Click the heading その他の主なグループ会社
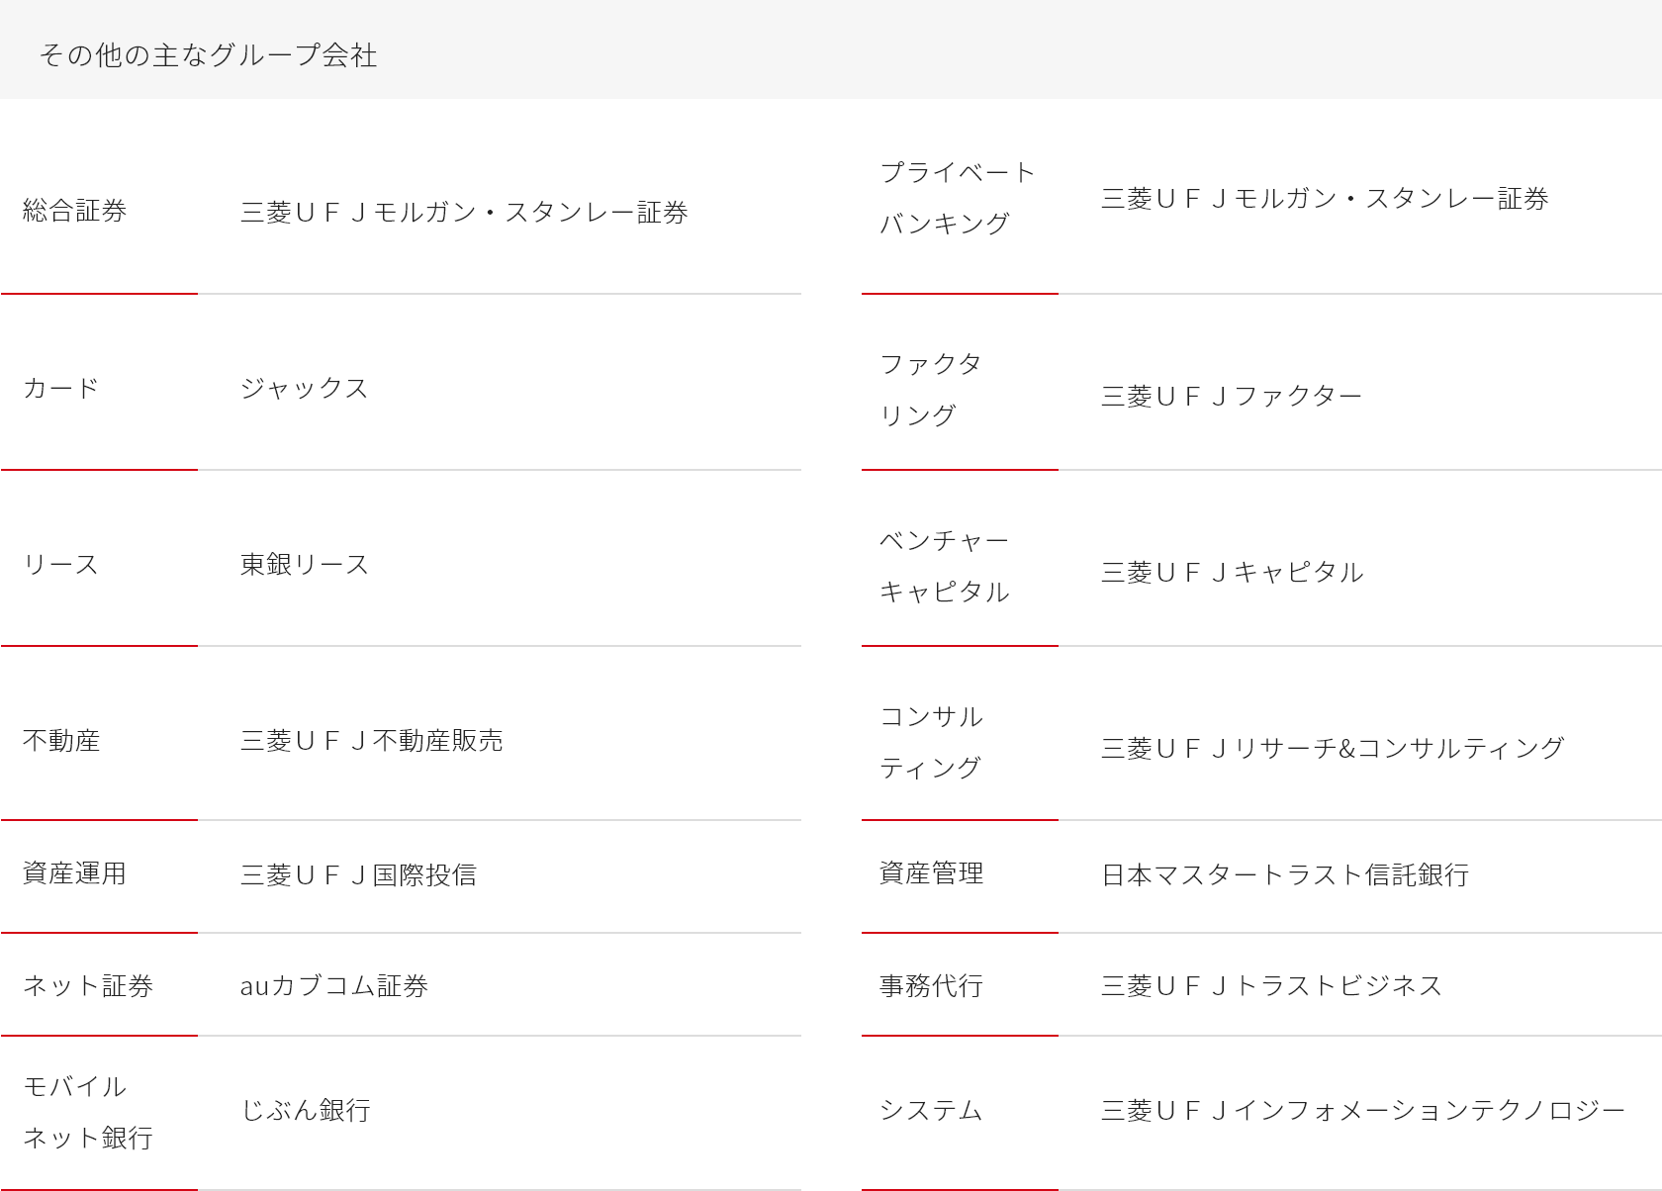209,55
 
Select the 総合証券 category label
75,211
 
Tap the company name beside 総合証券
464,213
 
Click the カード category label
61,388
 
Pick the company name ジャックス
305,388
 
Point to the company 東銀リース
305,565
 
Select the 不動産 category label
61,741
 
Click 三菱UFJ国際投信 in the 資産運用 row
358,874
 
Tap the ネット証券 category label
88,985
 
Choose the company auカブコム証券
334,985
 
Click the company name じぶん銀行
306,1110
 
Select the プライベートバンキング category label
958,198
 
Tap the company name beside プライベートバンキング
1325,198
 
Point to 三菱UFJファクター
1232,397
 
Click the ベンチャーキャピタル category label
945,566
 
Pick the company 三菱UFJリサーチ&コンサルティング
1333,748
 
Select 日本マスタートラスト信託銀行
1285,874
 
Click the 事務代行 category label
931,985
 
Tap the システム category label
931,1110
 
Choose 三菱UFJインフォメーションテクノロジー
1363,1110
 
